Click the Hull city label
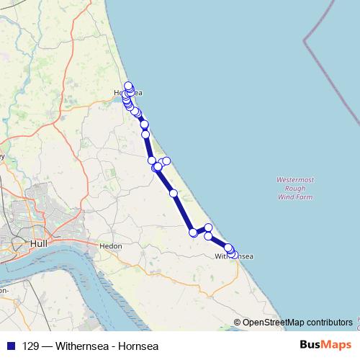point(40,245)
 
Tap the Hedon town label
point(111,246)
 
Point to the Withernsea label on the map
point(235,256)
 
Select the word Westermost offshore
point(295,179)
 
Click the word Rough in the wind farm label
point(295,187)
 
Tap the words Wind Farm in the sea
point(295,196)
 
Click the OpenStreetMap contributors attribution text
point(297,322)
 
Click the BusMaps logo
point(325,345)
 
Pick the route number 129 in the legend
point(31,346)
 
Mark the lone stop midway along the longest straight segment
point(174,193)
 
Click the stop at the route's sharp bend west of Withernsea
point(193,233)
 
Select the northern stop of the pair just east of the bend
point(209,228)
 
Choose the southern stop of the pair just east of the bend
point(208,236)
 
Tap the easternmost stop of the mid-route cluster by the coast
point(166,161)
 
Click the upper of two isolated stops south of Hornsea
point(145,125)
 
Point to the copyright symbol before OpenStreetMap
point(238,322)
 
